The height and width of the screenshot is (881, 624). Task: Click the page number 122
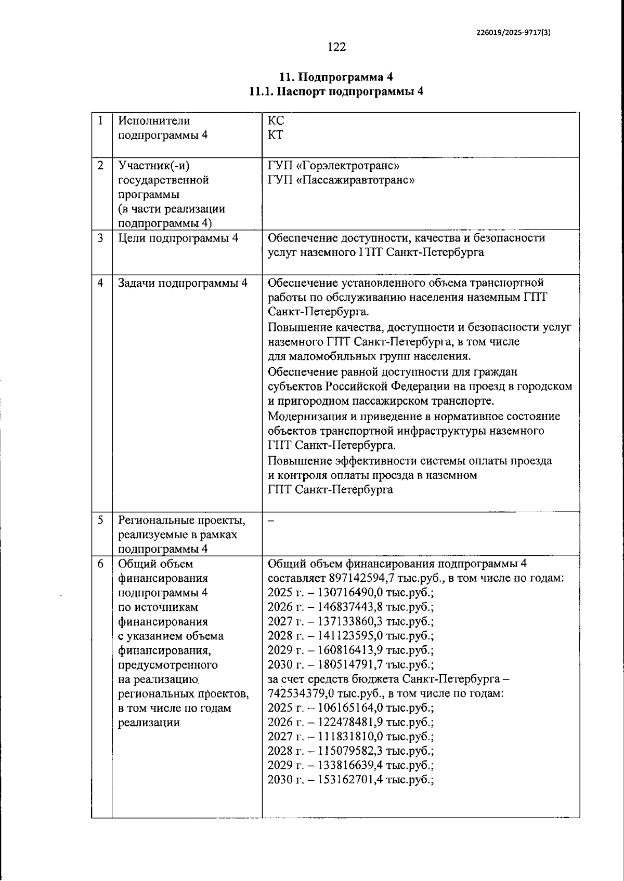click(x=336, y=47)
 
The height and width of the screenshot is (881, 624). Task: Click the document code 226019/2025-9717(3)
click(x=513, y=32)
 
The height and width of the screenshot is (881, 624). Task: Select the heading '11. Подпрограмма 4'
click(x=336, y=77)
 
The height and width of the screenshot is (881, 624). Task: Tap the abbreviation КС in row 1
click(x=276, y=121)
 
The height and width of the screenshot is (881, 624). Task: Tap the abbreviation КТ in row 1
click(x=276, y=135)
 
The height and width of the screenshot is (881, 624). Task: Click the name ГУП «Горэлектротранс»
click(x=333, y=166)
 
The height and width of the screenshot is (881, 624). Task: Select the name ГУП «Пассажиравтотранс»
click(x=341, y=180)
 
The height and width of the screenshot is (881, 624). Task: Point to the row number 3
click(x=100, y=238)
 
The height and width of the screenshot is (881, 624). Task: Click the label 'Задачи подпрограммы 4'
click(x=183, y=283)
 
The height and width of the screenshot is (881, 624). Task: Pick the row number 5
click(x=100, y=520)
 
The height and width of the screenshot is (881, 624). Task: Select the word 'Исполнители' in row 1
click(x=154, y=121)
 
